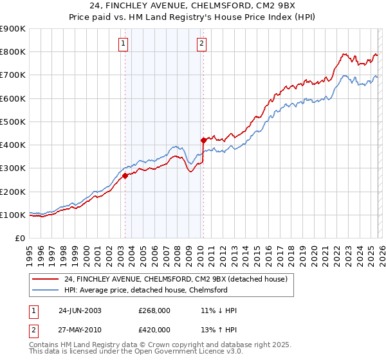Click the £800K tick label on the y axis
click(x=13, y=52)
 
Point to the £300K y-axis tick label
click(x=13, y=168)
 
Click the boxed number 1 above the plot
click(x=123, y=44)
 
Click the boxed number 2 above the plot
click(x=201, y=44)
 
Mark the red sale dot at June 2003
click(x=125, y=176)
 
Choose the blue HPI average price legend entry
click(x=145, y=290)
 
